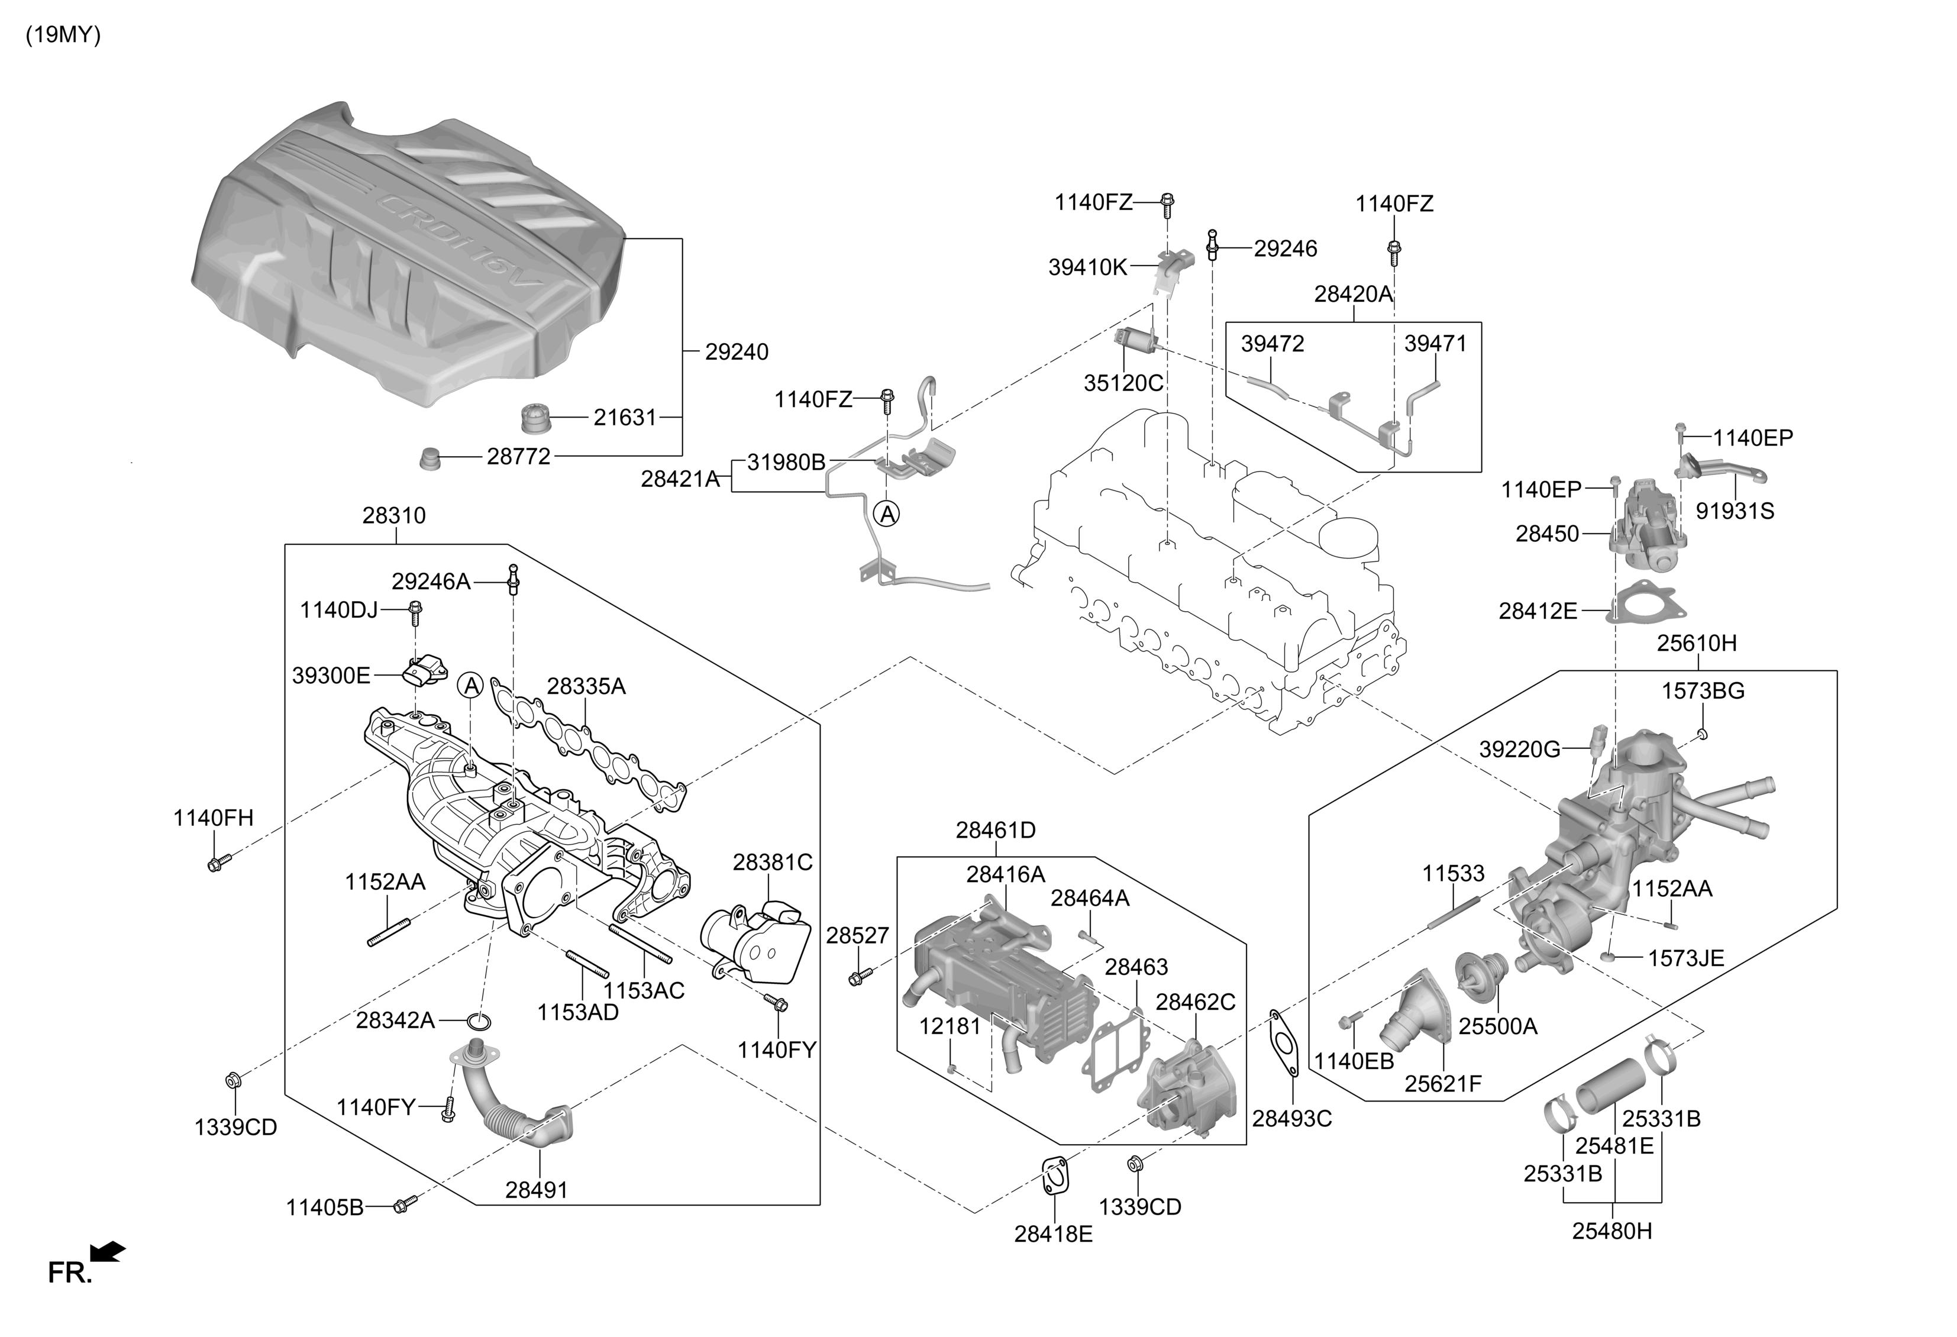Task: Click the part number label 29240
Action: [736, 352]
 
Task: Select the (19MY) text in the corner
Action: [63, 35]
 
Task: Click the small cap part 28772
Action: [430, 460]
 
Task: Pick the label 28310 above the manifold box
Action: [394, 515]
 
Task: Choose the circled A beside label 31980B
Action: [887, 513]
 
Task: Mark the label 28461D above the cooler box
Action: [995, 830]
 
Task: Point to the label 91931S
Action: [1735, 511]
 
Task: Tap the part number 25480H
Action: [1612, 1231]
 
